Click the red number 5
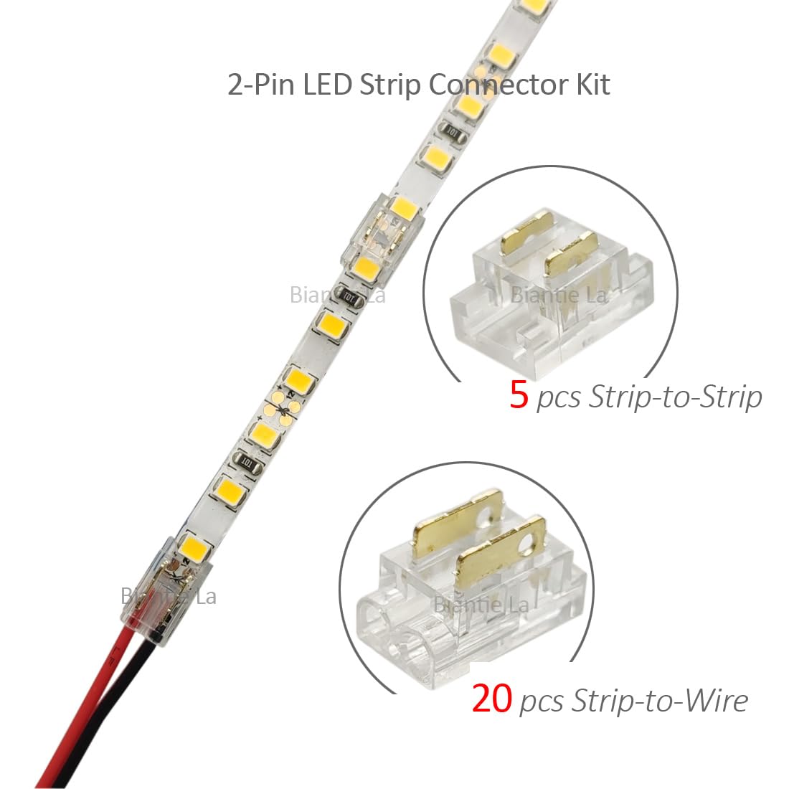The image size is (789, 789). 519,395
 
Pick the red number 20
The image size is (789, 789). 491,698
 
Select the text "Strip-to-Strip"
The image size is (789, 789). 675,396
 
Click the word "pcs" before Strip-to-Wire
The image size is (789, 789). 542,703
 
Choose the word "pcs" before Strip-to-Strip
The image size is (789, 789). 559,400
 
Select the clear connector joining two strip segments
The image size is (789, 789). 384,237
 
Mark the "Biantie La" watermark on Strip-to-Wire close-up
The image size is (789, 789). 481,605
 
